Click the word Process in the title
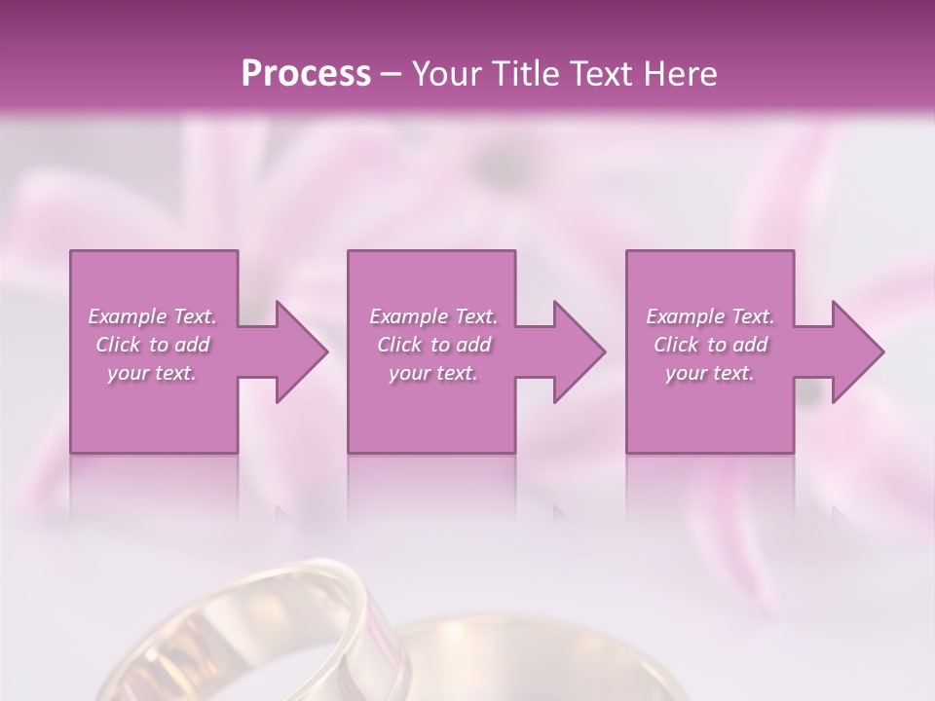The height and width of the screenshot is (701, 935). coord(306,73)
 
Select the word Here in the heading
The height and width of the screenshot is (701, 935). coord(681,73)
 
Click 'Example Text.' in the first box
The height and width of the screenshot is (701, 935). coord(152,316)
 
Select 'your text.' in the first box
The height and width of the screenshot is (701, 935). coord(152,373)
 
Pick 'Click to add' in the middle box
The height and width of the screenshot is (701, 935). coord(433,345)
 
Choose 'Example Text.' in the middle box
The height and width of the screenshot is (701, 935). coord(433,316)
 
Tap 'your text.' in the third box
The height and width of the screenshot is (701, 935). coord(710,373)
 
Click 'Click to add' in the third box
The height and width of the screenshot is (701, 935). coord(710,345)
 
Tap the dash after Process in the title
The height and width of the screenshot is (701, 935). coord(392,74)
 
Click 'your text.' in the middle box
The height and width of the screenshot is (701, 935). coord(433,373)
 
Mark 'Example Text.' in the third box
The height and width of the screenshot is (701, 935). coord(710,316)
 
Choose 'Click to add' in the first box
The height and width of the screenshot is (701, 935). coord(152,345)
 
